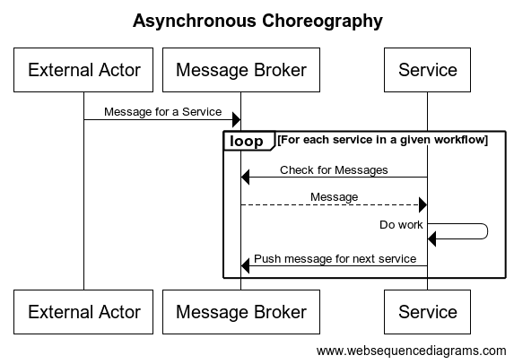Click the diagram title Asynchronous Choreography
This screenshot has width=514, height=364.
coord(257,21)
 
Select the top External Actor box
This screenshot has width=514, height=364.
coord(84,70)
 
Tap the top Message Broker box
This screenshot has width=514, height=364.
coord(240,70)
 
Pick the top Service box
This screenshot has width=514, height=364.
coord(427,70)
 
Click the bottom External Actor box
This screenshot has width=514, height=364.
coord(84,312)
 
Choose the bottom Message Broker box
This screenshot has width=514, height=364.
coord(240,312)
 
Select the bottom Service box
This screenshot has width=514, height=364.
coord(427,312)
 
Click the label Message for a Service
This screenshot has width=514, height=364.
coord(162,111)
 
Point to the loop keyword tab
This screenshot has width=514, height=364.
coord(247,142)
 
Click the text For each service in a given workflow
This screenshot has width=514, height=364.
coord(383,140)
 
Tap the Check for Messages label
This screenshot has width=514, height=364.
coord(334,169)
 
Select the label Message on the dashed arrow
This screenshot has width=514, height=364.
coord(334,196)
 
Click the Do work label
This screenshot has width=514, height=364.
coord(401,225)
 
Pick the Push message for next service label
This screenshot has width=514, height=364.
coord(335,258)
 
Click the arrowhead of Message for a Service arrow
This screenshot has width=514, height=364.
coord(236,119)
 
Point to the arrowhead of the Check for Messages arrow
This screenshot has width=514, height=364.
coord(245,178)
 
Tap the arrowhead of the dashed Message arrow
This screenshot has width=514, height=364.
coord(423,205)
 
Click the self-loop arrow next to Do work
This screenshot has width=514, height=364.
coord(484,231)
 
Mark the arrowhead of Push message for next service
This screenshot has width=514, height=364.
coord(245,266)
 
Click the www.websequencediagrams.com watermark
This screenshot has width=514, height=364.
coord(411,351)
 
